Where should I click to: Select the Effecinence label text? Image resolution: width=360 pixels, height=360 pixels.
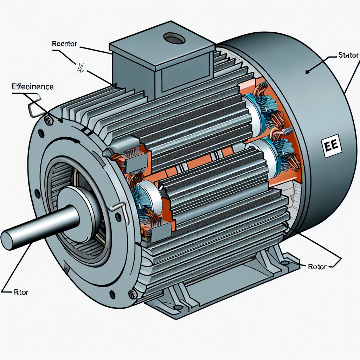tap(33, 86)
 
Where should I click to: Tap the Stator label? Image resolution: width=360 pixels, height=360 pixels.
tap(348, 55)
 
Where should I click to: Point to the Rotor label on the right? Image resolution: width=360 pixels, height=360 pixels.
tap(317, 266)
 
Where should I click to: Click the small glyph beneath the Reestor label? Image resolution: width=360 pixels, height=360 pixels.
tap(80, 67)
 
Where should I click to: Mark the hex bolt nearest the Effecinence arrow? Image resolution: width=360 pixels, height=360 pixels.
tap(49, 121)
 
